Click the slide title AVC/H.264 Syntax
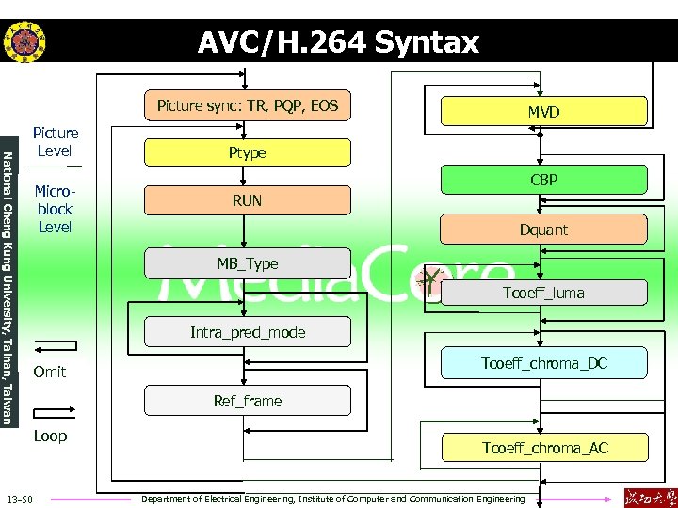[x=338, y=42]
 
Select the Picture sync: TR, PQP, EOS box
[x=247, y=105]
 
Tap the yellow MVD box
[x=543, y=112]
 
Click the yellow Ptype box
[x=247, y=152]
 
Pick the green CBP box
[x=543, y=179]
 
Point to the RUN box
[x=247, y=200]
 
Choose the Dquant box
[x=543, y=230]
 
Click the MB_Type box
[x=247, y=263]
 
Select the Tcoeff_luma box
[x=543, y=293]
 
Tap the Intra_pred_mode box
[x=247, y=332]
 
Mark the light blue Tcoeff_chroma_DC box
[x=543, y=363]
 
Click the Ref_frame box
[x=247, y=401]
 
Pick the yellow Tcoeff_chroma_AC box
[x=543, y=448]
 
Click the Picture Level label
[x=56, y=142]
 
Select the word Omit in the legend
[x=50, y=373]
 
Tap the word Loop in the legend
[x=50, y=437]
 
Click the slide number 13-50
[x=20, y=498]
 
